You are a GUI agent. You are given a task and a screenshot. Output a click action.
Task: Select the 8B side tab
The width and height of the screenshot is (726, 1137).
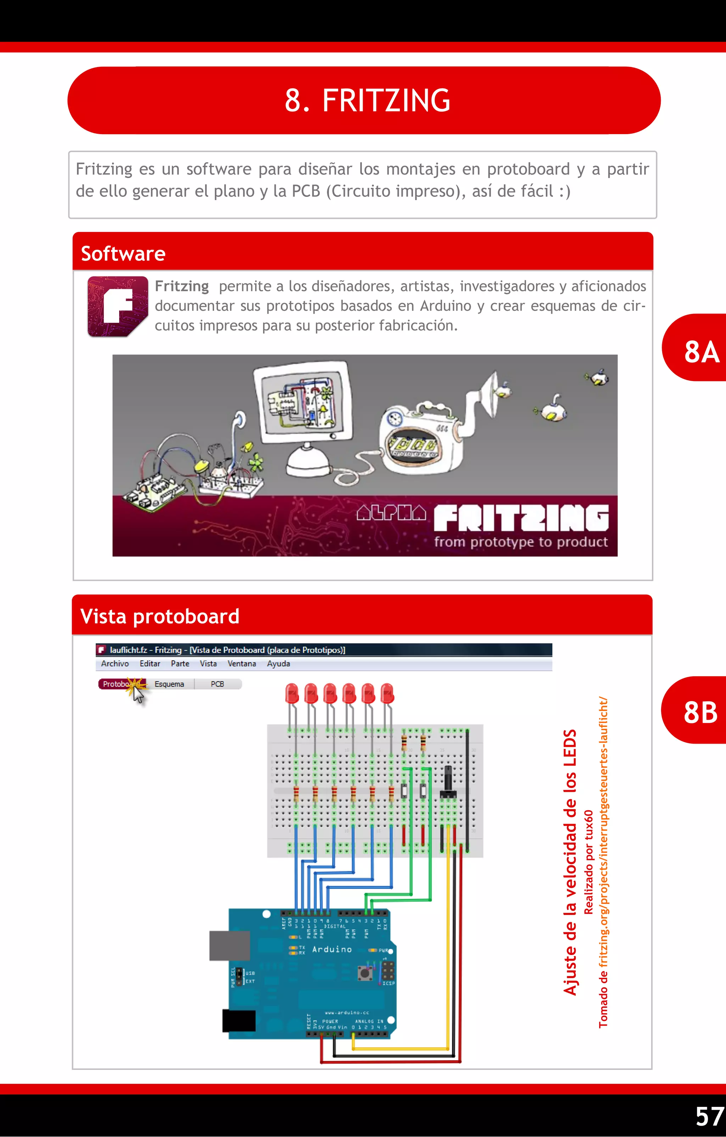click(x=700, y=712)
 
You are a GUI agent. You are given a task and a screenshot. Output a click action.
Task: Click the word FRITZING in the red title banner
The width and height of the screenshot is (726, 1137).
click(x=386, y=100)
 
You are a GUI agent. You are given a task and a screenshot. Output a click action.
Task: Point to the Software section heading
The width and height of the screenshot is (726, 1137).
click(x=123, y=254)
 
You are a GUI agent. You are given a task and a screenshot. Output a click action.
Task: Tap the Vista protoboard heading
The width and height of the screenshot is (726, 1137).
click(x=160, y=616)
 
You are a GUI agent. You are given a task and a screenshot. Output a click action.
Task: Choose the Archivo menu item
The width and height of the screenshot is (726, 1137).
click(x=115, y=663)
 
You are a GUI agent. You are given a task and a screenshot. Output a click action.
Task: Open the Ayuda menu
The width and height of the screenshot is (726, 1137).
click(x=278, y=663)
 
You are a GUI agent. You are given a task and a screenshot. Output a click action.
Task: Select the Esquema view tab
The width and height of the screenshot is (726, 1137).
click(x=169, y=684)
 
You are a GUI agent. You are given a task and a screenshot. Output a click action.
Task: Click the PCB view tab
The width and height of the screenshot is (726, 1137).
click(x=217, y=684)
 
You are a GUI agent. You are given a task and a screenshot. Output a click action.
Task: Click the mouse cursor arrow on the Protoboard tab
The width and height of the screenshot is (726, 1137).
click(x=138, y=695)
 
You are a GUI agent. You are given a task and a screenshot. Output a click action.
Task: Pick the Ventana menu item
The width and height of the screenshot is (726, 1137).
click(x=241, y=663)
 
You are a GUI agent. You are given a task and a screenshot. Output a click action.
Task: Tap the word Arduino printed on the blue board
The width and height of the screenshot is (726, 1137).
click(x=332, y=949)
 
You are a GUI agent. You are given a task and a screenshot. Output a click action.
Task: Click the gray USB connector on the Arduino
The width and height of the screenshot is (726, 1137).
click(x=230, y=945)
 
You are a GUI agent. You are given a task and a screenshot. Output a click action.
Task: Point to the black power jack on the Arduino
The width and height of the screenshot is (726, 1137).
click(x=239, y=1020)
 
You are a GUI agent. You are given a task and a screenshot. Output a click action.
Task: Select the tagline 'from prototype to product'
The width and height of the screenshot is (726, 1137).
click(x=521, y=542)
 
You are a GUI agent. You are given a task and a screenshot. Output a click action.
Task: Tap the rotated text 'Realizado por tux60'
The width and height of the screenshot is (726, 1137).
click(x=588, y=862)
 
